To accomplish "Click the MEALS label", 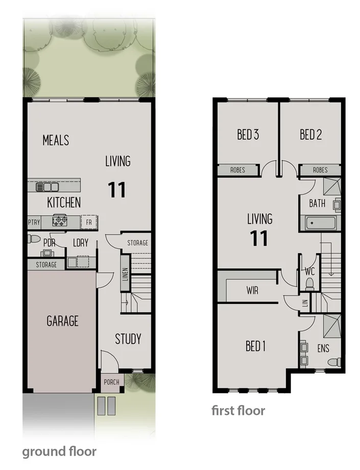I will pyautogui.click(x=56, y=139).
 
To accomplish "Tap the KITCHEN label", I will pyautogui.click(x=64, y=202).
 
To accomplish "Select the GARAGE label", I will pyautogui.click(x=63, y=321).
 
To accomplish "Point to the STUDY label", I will pyautogui.click(x=128, y=339).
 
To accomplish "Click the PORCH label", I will pyautogui.click(x=111, y=381).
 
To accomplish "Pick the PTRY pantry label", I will pyautogui.click(x=33, y=222).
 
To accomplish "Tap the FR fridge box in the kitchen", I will pyautogui.click(x=89, y=222).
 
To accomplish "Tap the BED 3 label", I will pyautogui.click(x=248, y=135).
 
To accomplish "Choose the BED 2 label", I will pyautogui.click(x=310, y=135).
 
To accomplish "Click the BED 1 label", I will pyautogui.click(x=256, y=346).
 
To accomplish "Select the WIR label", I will pyautogui.click(x=252, y=291).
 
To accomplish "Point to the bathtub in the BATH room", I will pyautogui.click(x=320, y=224).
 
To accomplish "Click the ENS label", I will pyautogui.click(x=323, y=349).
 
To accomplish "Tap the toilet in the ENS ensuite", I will pyautogui.click(x=333, y=362).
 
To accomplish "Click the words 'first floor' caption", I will pyautogui.click(x=238, y=410).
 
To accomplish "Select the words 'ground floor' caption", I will pyautogui.click(x=59, y=451).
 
